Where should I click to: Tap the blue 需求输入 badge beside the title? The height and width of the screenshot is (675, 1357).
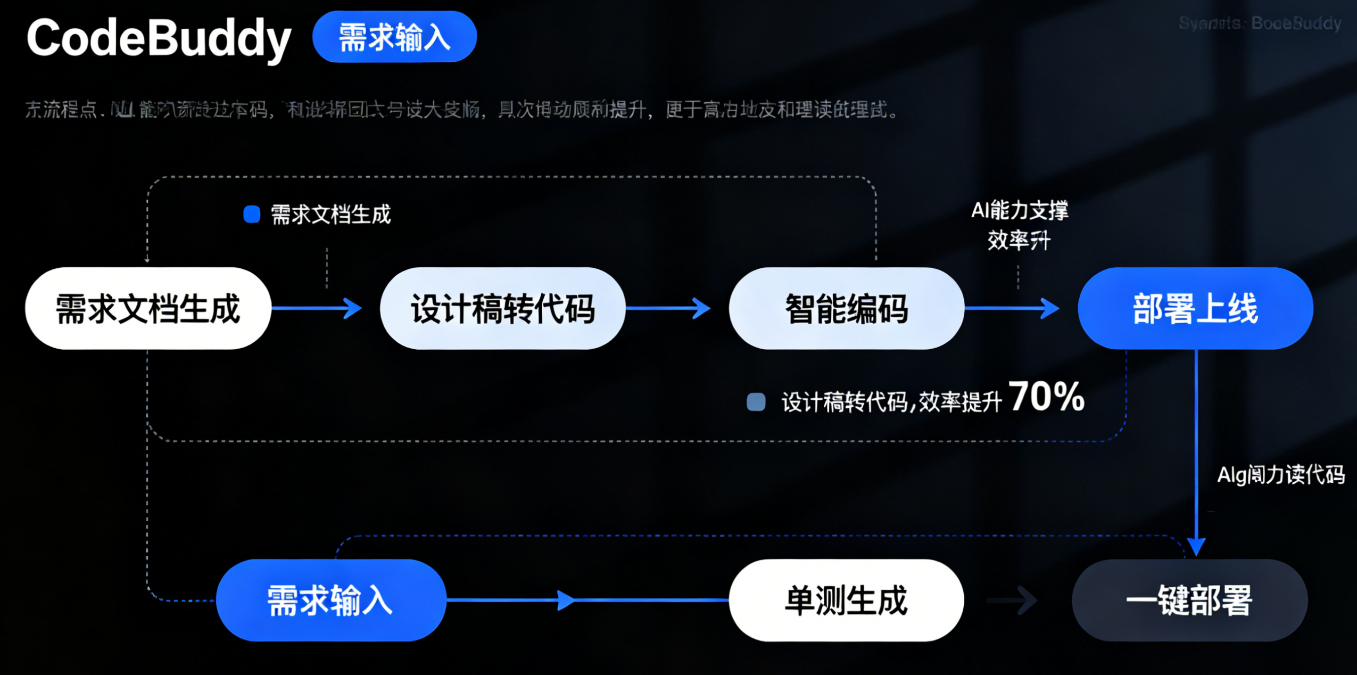(x=394, y=37)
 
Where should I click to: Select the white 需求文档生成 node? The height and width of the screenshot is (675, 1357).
(x=148, y=309)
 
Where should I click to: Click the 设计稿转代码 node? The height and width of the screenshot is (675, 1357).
(x=502, y=309)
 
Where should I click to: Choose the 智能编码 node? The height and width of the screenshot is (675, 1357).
(x=846, y=309)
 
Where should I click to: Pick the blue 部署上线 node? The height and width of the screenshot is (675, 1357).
(x=1195, y=309)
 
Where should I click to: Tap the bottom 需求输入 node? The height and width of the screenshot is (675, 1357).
(x=330, y=600)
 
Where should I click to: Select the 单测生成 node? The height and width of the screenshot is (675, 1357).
(x=846, y=600)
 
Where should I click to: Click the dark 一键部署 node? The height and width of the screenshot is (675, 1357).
(x=1189, y=600)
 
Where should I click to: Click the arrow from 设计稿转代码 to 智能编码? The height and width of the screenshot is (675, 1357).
(x=668, y=308)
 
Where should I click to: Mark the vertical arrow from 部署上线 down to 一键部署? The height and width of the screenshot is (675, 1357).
(x=1196, y=452)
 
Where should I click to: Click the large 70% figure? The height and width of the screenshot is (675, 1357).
(x=1046, y=397)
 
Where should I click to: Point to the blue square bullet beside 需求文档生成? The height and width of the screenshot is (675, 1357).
(x=252, y=215)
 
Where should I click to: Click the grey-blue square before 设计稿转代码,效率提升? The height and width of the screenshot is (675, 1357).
(x=756, y=402)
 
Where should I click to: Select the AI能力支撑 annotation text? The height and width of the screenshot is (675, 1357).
(x=1020, y=211)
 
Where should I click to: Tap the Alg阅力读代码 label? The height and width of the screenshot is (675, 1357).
(x=1280, y=474)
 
